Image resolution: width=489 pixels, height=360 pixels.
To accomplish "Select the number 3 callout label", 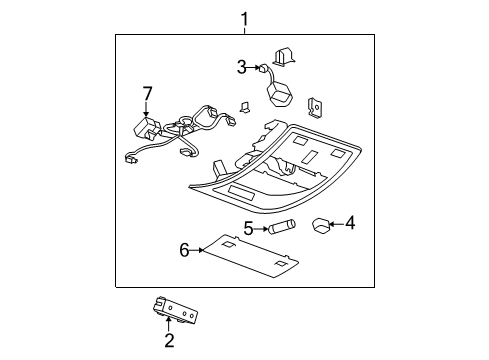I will click(241, 68).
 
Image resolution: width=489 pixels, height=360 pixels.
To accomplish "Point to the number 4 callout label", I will click(349, 224).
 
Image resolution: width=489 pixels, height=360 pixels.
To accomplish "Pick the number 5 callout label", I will click(248, 229).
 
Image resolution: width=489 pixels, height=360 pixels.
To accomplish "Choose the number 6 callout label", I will click(184, 250).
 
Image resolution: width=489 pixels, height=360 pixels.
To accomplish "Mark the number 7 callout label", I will click(147, 93).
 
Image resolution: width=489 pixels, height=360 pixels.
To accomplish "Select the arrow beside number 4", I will click(335, 224).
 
